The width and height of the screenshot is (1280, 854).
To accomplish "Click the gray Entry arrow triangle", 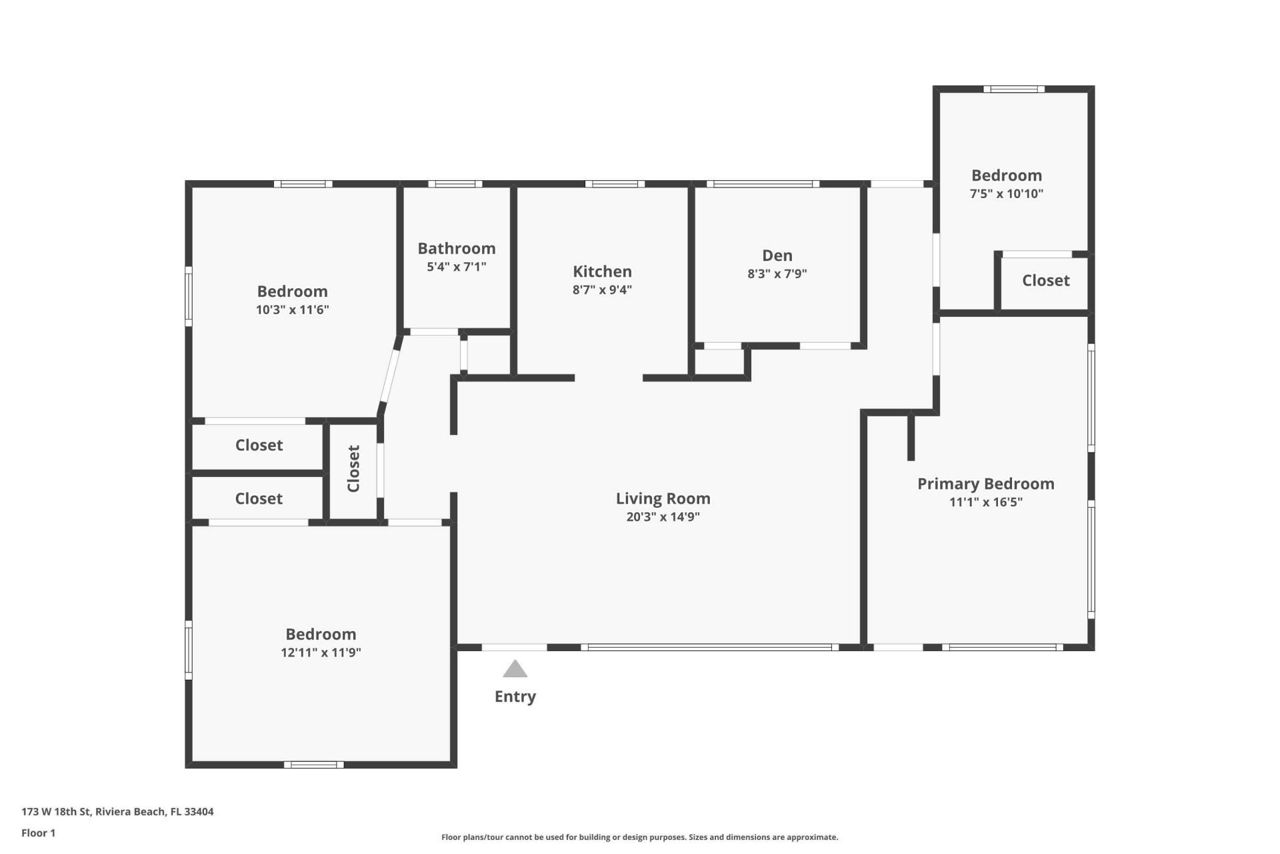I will pos(515,669).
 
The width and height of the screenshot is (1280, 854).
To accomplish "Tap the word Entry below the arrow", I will pos(515,697).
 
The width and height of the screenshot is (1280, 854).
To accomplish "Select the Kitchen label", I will pos(602,272).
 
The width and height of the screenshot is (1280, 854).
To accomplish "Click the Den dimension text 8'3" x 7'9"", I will pos(777,274).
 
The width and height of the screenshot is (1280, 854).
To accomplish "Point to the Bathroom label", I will pos(457,248).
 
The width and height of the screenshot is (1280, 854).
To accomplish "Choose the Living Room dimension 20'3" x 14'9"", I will pos(663,516).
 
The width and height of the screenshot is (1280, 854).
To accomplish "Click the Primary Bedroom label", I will pos(985,484).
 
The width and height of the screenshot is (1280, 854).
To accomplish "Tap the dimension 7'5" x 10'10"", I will pos(1006,194).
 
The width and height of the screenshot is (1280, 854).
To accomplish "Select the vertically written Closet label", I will pos(353,468).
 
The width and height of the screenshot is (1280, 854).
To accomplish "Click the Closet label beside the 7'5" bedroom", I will pos(1045,280).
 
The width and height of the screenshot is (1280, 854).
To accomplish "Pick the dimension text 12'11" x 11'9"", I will pos(321,653).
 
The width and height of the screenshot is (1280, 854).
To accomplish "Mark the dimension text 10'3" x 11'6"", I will pos(292,310).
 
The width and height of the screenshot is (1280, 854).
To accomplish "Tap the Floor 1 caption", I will pos(38,833).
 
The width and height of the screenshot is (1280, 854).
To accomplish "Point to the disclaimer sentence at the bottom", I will pos(639,837).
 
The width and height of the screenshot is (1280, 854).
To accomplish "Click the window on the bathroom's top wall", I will pos(455,183).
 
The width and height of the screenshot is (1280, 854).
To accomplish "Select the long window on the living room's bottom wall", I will pos(709,647).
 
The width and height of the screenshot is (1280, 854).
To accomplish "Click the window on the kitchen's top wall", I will pos(615,183).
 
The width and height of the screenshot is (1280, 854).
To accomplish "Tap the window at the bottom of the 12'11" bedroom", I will pos(313,765).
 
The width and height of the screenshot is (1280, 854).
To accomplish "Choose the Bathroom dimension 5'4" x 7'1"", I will pos(457,267).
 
